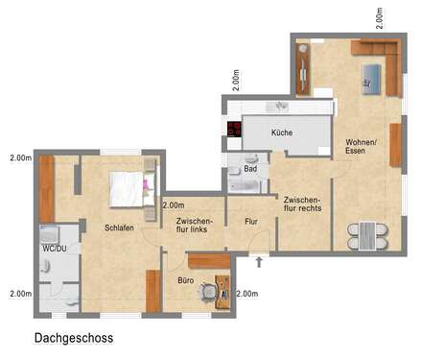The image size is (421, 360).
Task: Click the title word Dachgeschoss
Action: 74,338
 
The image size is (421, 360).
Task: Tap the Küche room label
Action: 282,132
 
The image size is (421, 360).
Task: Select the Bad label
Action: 250,169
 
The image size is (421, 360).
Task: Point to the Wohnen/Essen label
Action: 362,147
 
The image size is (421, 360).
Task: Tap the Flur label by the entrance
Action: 251,222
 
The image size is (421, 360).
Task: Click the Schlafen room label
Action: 120,228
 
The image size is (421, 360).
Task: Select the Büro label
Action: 186,281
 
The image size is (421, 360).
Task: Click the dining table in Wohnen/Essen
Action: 369,233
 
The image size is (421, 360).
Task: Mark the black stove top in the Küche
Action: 233,130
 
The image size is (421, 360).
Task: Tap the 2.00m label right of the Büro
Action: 247,293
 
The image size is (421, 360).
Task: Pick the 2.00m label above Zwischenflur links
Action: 174,204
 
